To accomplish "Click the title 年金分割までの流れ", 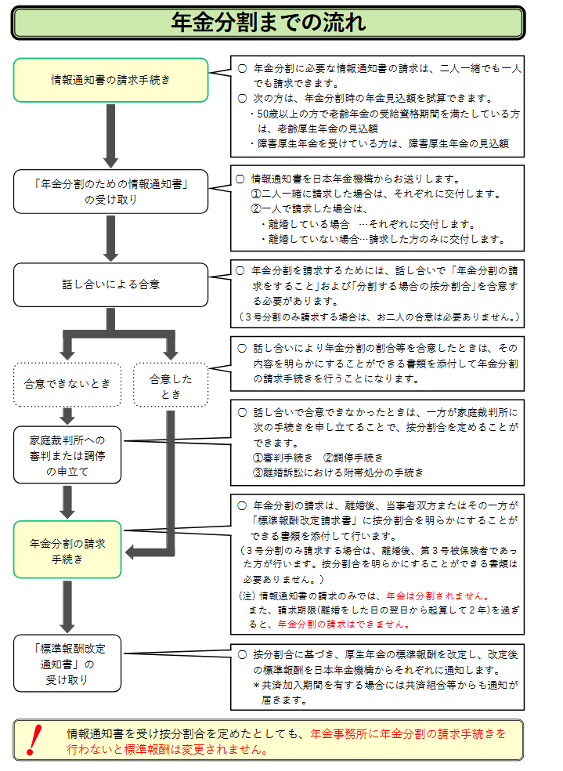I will point(268,23).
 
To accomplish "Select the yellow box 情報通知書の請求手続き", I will point(110,80).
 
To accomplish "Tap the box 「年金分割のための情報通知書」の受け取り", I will point(110,192).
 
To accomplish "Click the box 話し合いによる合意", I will point(110,284).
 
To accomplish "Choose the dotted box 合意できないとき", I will point(67,384).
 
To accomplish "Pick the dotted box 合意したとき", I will point(170,385).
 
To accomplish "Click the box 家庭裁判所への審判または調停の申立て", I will point(67,455).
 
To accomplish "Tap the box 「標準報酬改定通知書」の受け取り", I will point(67,664).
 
